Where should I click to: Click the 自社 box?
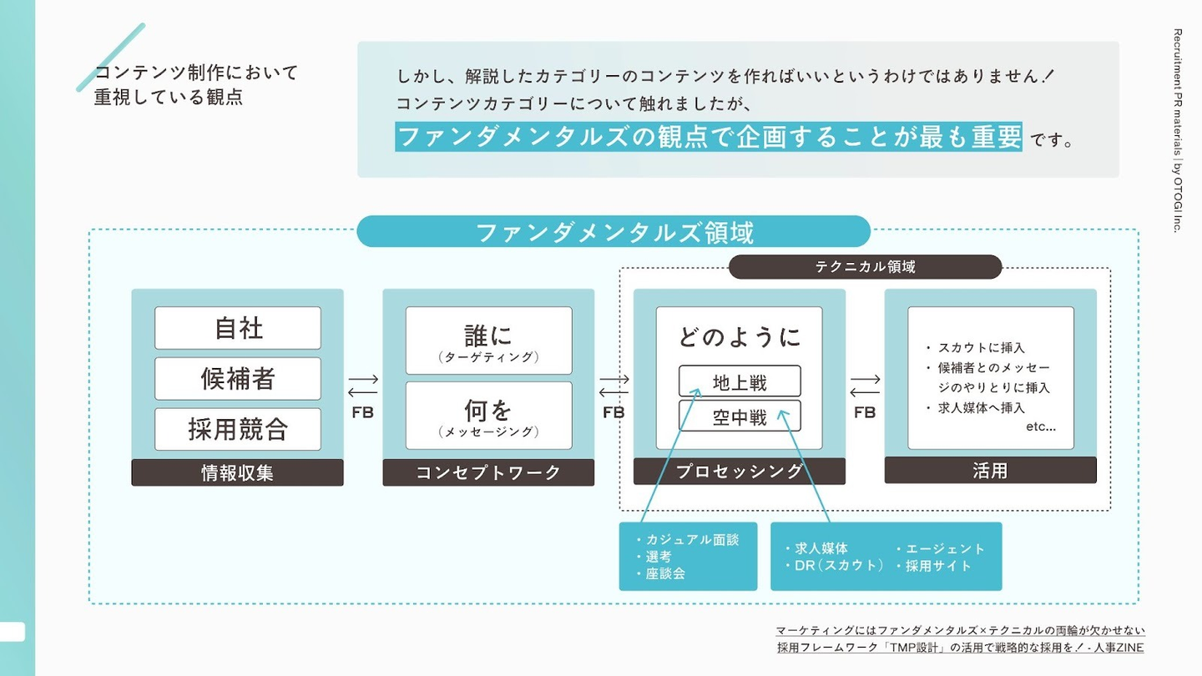(238, 328)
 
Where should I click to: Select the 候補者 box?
(238, 379)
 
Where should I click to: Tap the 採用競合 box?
(238, 429)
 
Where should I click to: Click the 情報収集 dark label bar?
(238, 472)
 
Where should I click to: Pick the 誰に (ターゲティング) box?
(488, 341)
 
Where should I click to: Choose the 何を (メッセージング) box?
(488, 416)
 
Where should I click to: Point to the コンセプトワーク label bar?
(488, 472)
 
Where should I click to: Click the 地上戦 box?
(740, 382)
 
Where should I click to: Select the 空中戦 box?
(740, 416)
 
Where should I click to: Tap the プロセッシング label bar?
(740, 472)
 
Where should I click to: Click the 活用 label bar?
(990, 471)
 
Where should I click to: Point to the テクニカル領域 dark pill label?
(865, 267)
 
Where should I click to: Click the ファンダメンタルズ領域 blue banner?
(614, 232)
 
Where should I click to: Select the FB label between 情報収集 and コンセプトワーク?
(362, 411)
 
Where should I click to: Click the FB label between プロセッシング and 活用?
(865, 411)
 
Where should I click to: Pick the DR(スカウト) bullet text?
(839, 566)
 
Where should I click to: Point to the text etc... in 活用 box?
(1040, 426)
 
